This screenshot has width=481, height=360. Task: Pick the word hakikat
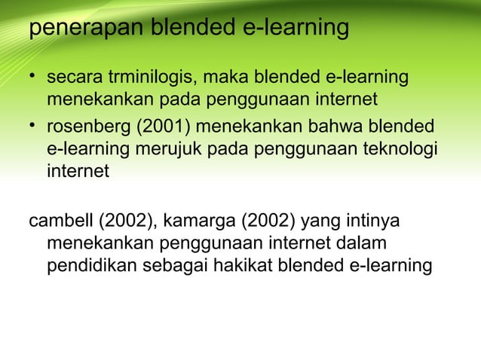[245, 267]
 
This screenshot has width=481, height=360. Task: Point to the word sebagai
[174, 267]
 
